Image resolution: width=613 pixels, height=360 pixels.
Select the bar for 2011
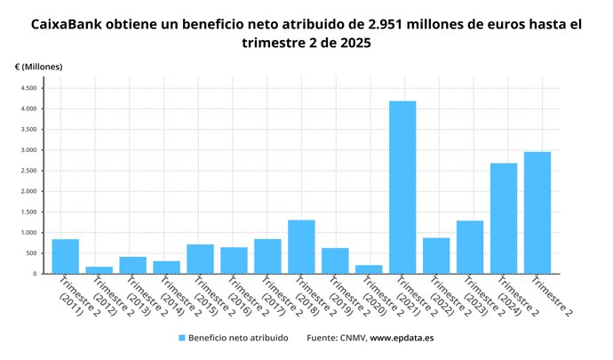(65, 256)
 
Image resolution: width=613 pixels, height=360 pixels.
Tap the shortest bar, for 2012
(99, 269)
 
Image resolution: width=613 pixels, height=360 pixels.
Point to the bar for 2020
(369, 268)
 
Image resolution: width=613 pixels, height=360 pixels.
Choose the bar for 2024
(504, 218)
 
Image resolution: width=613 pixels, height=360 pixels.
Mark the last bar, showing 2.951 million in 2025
(537, 212)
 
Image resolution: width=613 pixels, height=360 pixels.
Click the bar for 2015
(200, 259)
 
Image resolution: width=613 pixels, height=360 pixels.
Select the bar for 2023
(470, 246)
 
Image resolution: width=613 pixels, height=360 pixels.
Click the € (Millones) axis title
(38, 66)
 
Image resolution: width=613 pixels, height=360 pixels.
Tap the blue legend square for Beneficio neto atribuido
(182, 338)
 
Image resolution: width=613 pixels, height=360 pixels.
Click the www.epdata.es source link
(402, 338)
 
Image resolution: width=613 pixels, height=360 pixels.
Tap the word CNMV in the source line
(351, 338)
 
